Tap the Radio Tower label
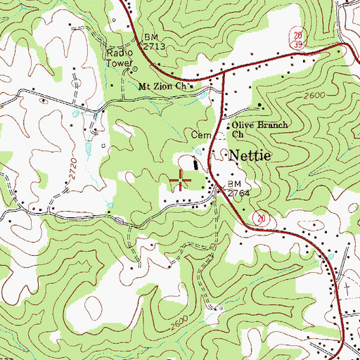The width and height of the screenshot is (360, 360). [120, 57]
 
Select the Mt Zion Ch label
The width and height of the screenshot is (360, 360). [164, 86]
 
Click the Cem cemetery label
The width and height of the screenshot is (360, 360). [200, 134]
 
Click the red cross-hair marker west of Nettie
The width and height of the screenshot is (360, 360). [181, 179]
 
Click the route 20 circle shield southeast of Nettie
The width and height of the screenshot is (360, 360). [262, 219]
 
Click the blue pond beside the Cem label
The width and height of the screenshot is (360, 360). [199, 150]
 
